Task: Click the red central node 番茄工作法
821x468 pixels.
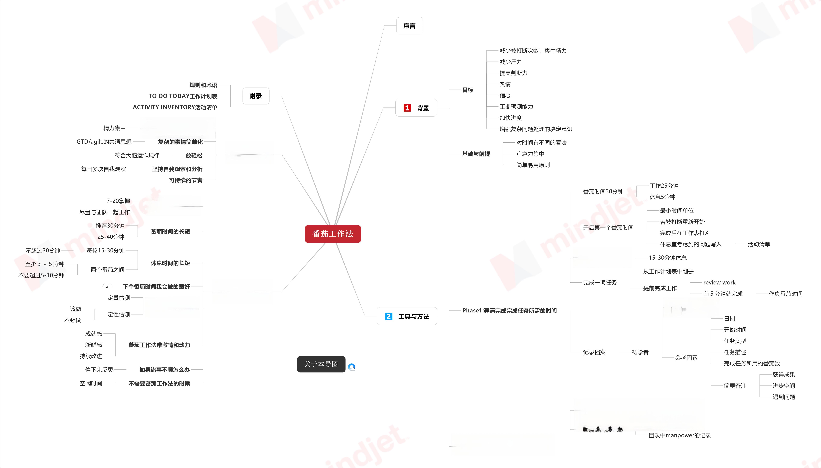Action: pyautogui.click(x=333, y=234)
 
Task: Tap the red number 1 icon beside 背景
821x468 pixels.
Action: pyautogui.click(x=407, y=108)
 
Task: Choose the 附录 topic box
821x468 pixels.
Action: pyautogui.click(x=256, y=96)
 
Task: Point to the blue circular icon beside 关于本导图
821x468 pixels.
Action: pyautogui.click(x=352, y=367)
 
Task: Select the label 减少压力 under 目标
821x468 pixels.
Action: pyautogui.click(x=511, y=62)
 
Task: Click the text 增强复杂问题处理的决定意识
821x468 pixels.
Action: pyautogui.click(x=535, y=129)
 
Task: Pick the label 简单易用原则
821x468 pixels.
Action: pyautogui.click(x=533, y=165)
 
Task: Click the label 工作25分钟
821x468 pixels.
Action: pyautogui.click(x=664, y=186)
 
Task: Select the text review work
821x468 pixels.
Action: pyautogui.click(x=719, y=283)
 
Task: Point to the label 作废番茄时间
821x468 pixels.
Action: pyautogui.click(x=785, y=294)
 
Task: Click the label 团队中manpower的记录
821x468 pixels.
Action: pyautogui.click(x=680, y=435)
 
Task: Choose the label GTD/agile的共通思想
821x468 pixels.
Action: pyautogui.click(x=104, y=142)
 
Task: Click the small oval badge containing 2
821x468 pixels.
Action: pyautogui.click(x=107, y=286)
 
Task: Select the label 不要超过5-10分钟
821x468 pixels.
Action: pyautogui.click(x=41, y=275)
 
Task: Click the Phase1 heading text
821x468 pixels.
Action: pyautogui.click(x=509, y=310)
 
